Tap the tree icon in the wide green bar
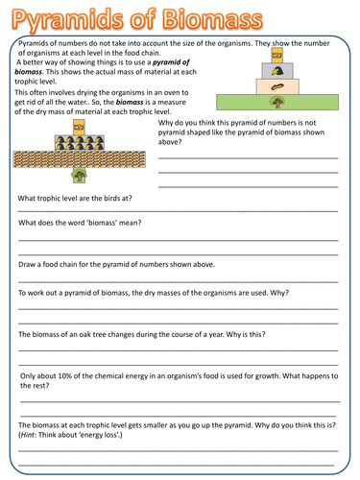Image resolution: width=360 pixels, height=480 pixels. click(276, 100)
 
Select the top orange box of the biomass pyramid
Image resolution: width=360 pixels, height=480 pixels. click(276, 60)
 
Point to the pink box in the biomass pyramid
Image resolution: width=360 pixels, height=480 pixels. click(276, 84)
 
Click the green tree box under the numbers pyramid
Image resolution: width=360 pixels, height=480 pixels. click(81, 173)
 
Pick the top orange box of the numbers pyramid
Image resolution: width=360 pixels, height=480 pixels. click(81, 128)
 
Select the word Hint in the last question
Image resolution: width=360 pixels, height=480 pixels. click(29, 434)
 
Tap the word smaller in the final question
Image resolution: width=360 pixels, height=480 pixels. click(165, 423)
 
